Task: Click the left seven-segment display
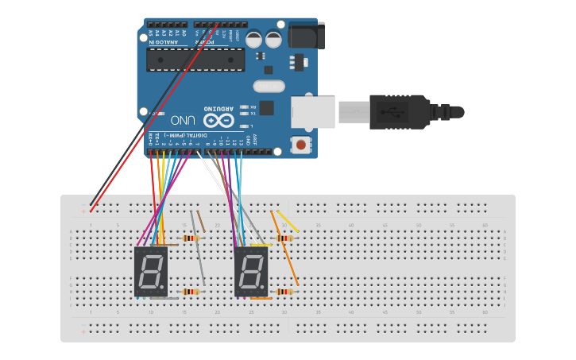[x=151, y=272]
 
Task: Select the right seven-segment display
[x=251, y=272]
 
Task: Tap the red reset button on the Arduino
[x=303, y=145]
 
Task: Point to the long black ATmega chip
[x=195, y=59]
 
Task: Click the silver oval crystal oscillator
[x=269, y=86]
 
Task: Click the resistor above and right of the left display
[x=190, y=238]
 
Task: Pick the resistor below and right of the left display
[x=191, y=292]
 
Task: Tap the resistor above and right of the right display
[x=282, y=238]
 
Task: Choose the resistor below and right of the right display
[x=283, y=292]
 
